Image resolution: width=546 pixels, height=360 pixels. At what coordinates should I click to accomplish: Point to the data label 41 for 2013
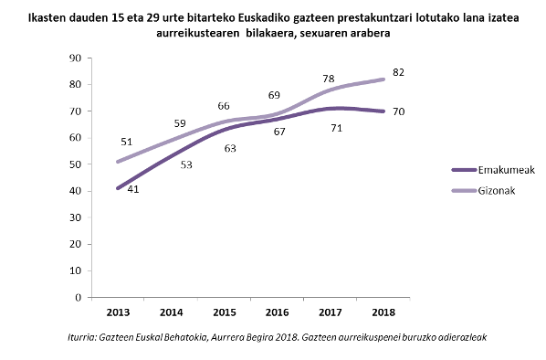(x=133, y=189)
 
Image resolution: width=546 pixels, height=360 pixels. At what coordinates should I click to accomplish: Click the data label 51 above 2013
(x=126, y=143)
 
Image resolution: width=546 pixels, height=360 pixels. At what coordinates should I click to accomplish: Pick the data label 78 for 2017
(x=329, y=79)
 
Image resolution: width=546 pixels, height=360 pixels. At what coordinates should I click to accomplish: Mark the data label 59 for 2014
(x=179, y=123)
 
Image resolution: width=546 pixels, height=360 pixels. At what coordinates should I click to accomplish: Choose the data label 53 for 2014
(x=185, y=164)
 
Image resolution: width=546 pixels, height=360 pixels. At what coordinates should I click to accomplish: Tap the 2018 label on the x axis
(x=383, y=312)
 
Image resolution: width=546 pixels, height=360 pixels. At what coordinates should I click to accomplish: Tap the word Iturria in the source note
(x=84, y=338)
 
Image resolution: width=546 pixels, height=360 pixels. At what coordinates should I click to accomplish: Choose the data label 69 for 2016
(x=273, y=96)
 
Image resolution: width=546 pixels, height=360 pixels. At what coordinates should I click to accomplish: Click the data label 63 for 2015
(x=230, y=148)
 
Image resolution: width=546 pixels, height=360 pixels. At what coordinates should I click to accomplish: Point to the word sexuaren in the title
(x=324, y=33)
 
